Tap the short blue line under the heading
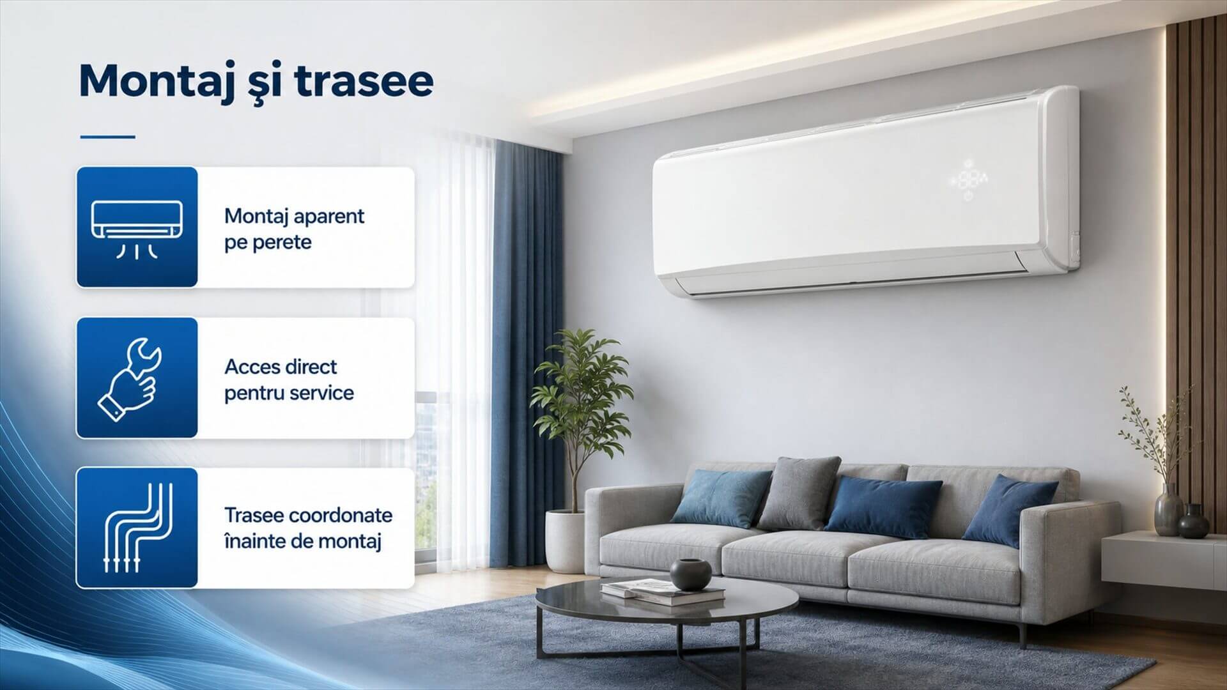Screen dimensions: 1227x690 107,136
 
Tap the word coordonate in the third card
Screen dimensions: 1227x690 340,516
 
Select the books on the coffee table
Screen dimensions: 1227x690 663,592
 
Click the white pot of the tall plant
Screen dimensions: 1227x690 566,540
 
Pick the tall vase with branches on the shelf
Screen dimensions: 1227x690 1169,509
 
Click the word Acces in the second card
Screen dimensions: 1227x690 252,367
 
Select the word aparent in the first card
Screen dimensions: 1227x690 329,217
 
